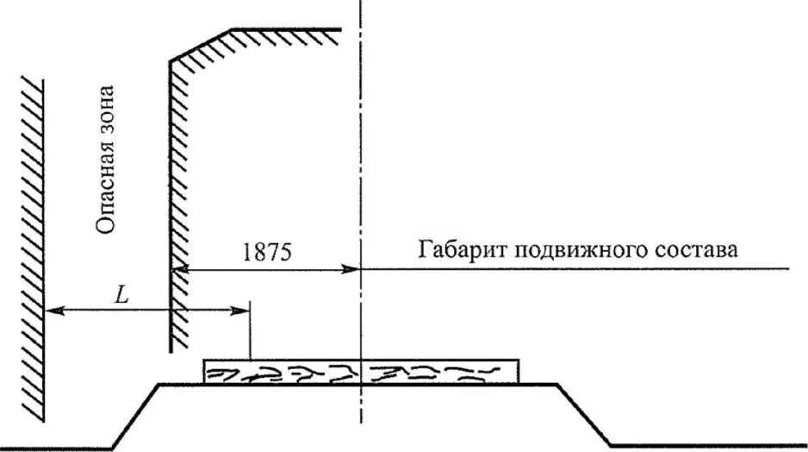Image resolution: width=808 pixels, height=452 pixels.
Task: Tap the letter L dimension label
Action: tap(123, 294)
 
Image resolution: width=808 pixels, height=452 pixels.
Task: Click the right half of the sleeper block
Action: tap(440, 372)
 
